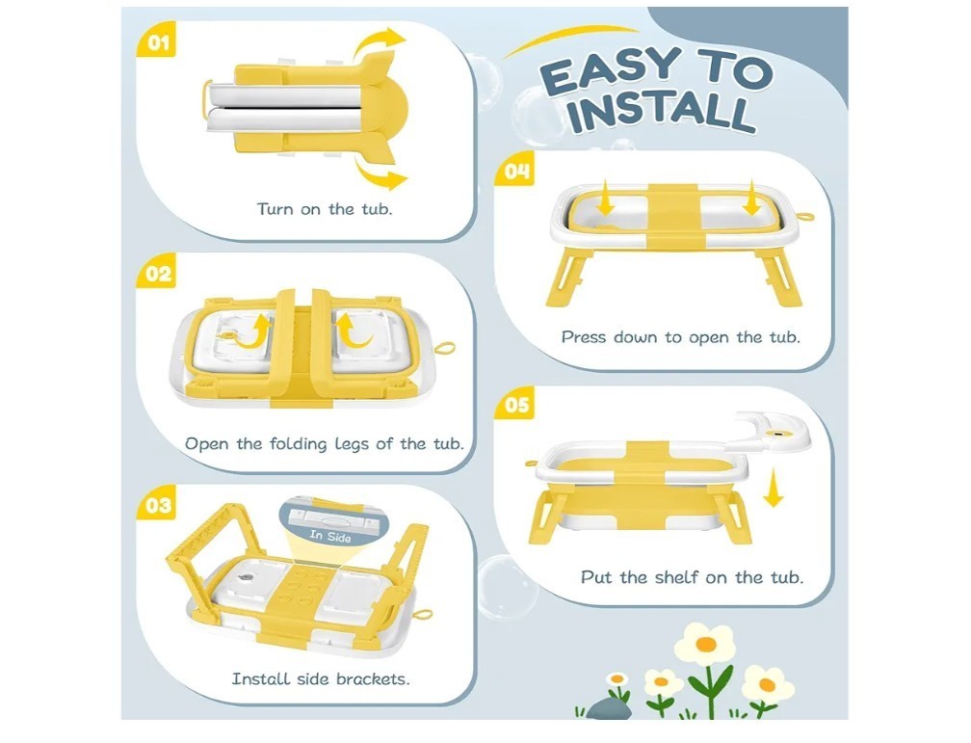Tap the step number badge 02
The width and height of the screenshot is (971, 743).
pos(156,273)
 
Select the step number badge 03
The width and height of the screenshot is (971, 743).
pos(156,504)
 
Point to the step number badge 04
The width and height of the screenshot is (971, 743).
pos(515,170)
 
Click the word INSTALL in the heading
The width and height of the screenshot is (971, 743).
pos(662,112)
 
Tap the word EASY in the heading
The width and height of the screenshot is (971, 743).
pos(611,71)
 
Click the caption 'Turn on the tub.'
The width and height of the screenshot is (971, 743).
pos(325,209)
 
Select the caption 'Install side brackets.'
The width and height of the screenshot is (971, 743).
pos(321,678)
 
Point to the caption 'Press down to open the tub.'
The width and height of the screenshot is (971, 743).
pos(680,337)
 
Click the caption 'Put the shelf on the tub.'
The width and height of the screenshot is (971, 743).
pos(692,577)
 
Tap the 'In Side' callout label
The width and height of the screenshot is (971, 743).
pos(330,536)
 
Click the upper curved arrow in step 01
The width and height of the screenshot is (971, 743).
pos(378,42)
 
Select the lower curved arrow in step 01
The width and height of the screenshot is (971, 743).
pos(379,172)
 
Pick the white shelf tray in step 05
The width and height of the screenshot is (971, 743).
pos(771,432)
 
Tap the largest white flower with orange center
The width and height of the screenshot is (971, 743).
pos(705,645)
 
